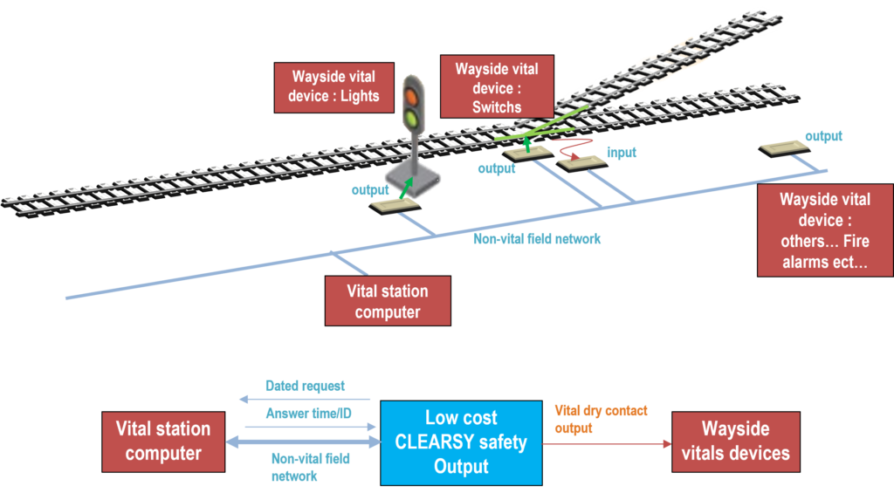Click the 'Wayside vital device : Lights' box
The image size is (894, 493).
point(334,86)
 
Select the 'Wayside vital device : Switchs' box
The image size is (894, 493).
point(497,87)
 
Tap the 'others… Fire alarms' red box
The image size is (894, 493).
point(824,230)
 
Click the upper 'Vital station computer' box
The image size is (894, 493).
point(388,301)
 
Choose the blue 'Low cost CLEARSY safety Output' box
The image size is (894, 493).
point(461,442)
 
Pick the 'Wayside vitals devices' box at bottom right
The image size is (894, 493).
point(734,442)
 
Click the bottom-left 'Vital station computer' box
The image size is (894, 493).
point(163,442)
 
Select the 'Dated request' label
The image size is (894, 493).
point(305,386)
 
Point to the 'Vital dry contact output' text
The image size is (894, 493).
point(601,419)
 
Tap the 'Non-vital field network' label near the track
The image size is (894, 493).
point(537,239)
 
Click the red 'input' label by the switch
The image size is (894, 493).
point(622,153)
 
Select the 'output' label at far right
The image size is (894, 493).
point(823,136)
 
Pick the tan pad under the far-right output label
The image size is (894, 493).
point(784,147)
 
